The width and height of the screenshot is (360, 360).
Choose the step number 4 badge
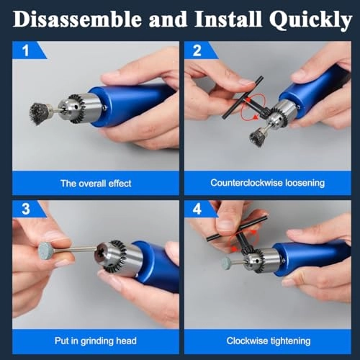pos(197,210)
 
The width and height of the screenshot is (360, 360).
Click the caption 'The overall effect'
pos(95,184)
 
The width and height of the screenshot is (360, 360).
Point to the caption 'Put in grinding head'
pos(95,341)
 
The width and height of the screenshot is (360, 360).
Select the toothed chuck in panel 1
pos(79,108)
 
